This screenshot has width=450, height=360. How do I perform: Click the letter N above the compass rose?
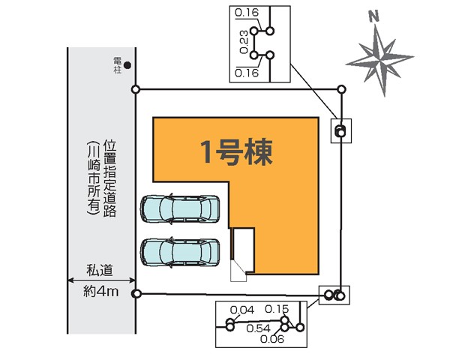[x=374, y=15]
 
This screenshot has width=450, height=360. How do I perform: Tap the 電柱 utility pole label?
[x=118, y=64]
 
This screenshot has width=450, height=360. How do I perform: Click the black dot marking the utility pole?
[x=128, y=65]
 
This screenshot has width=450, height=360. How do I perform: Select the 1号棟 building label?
[x=235, y=151]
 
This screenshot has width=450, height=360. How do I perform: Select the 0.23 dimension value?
[x=244, y=43]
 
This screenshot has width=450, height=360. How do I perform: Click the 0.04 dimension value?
[x=242, y=310]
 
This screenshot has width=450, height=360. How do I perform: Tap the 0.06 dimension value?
[x=271, y=339]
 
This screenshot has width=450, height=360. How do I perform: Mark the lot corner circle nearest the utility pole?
[x=136, y=90]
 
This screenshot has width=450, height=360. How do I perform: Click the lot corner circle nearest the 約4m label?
[x=136, y=293]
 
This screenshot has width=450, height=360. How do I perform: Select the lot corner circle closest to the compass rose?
[x=342, y=90]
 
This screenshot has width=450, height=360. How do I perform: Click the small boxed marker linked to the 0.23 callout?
[x=340, y=131]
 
